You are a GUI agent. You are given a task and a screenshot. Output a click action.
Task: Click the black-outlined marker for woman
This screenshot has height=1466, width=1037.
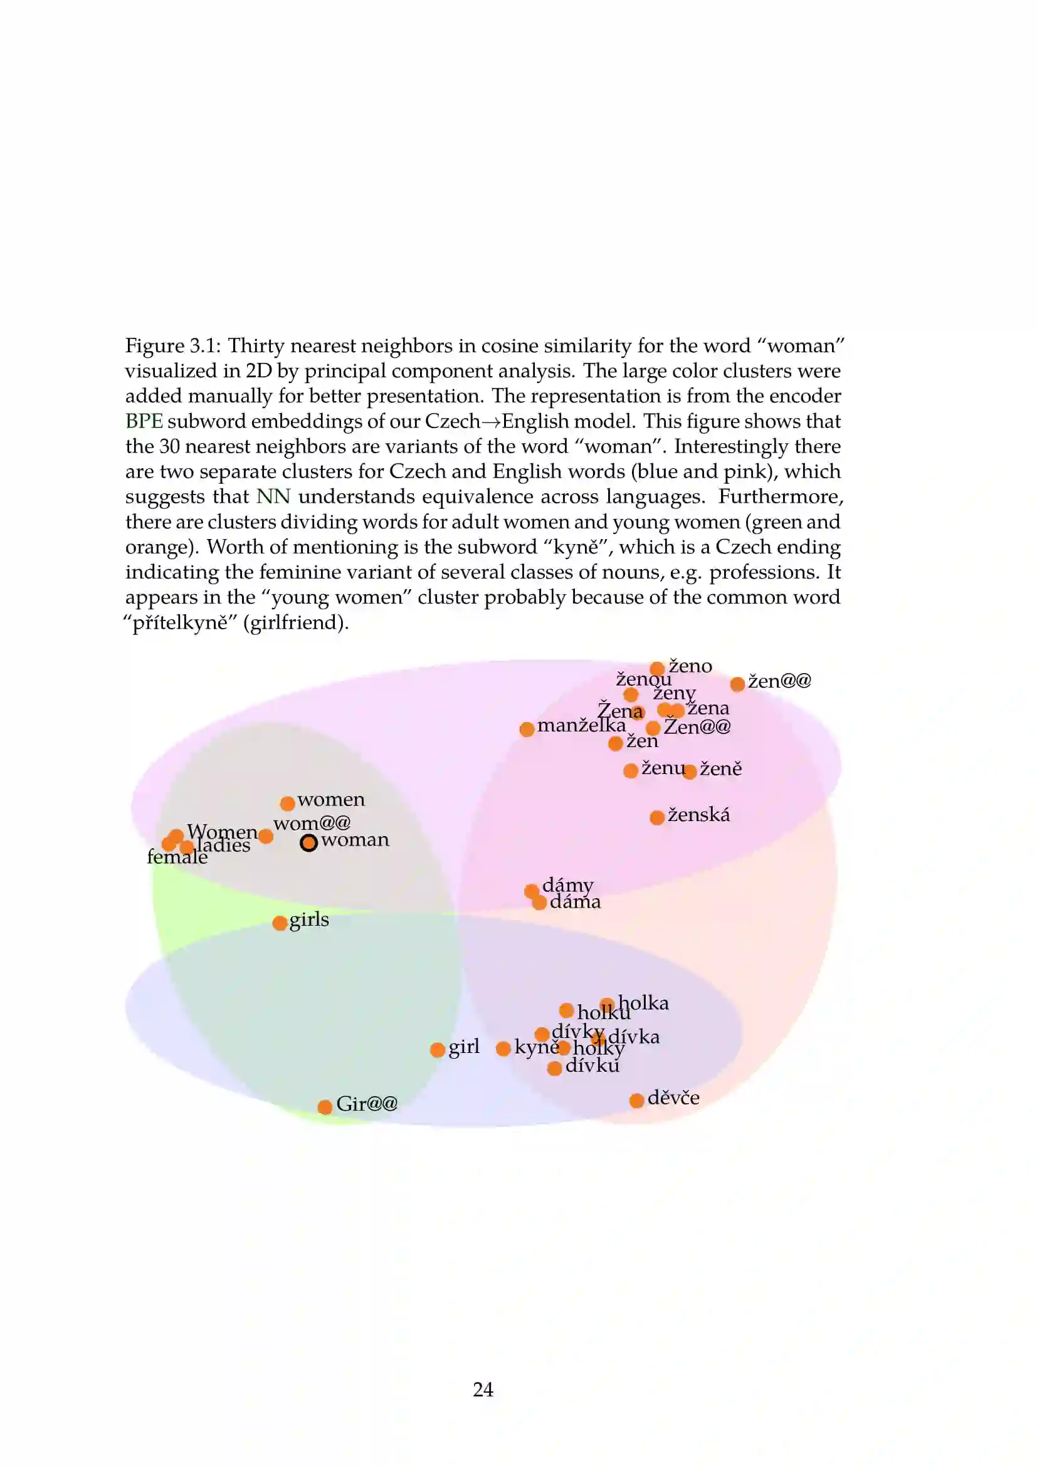[308, 843]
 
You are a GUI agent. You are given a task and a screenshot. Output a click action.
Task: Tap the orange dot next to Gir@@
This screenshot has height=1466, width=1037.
[324, 1106]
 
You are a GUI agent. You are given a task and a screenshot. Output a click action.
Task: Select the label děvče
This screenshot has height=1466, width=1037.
[673, 1097]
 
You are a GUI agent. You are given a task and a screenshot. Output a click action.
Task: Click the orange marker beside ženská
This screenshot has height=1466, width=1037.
[657, 817]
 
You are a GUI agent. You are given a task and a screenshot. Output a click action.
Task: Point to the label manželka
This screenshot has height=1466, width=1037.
[581, 725]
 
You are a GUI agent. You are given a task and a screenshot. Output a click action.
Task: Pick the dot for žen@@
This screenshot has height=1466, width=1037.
[737, 684]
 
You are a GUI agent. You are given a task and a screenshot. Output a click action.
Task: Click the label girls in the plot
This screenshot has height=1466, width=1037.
[309, 919]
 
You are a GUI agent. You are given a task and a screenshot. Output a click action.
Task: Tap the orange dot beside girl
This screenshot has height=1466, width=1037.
[438, 1050]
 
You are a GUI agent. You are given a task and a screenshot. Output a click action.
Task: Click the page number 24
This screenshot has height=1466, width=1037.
[483, 1390]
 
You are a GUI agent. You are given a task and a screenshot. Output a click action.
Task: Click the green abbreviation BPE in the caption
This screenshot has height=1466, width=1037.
[144, 421]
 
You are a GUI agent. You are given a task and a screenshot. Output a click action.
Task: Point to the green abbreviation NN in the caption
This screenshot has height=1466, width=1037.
[273, 497]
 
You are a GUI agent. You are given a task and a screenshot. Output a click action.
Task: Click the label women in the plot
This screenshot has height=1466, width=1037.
[331, 799]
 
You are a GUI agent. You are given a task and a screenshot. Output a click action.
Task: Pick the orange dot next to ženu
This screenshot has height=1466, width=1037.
[631, 771]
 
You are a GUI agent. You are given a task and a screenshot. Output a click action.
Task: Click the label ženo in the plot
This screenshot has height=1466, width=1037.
[690, 666]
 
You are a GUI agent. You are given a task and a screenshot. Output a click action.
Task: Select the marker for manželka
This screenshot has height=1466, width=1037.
[527, 729]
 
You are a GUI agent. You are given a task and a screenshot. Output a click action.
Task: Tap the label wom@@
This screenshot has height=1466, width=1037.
[312, 824]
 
